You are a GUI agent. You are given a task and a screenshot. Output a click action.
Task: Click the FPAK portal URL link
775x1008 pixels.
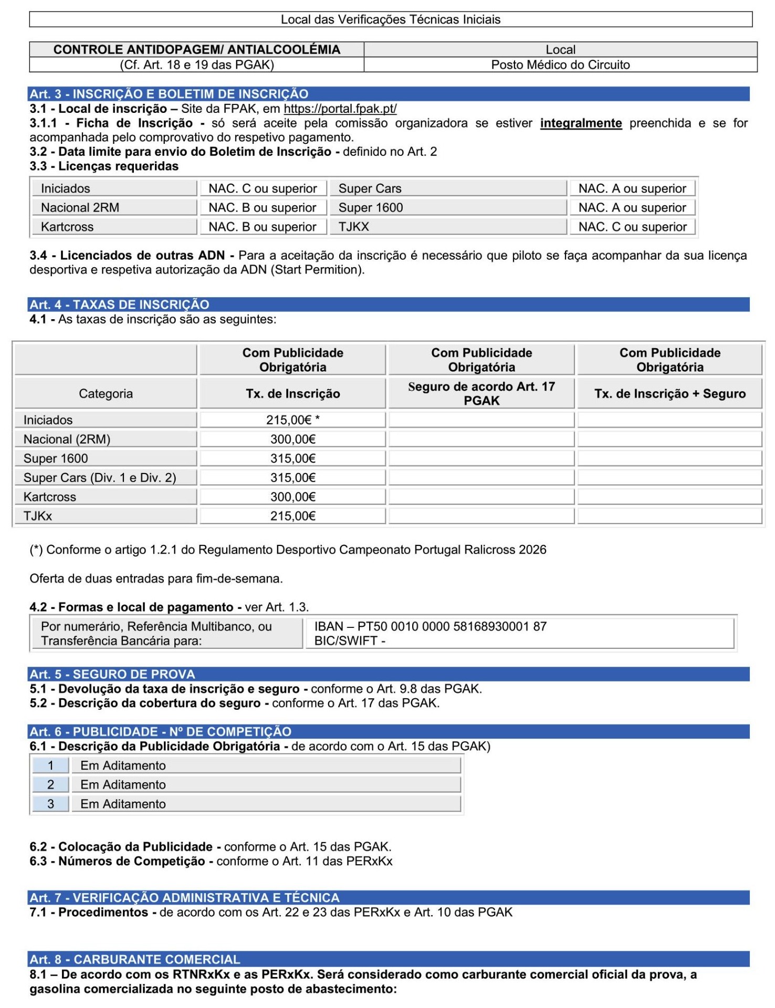pos(340,109)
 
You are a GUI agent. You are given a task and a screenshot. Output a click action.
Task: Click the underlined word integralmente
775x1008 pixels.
pos(581,123)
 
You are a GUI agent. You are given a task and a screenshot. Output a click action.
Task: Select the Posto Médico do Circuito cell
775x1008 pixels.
pos(560,65)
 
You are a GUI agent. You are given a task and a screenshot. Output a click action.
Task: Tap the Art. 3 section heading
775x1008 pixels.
pos(169,94)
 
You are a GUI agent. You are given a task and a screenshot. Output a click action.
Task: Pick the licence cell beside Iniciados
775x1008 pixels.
pos(263,188)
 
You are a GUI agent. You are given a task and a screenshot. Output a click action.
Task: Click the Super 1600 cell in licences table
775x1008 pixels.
pos(447,208)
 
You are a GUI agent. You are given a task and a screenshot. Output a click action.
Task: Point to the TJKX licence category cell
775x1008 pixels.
pos(447,227)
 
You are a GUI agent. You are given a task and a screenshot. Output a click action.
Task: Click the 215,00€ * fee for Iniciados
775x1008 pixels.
pos(292,420)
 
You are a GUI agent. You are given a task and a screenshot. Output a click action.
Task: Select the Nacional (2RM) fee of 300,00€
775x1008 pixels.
pos(292,439)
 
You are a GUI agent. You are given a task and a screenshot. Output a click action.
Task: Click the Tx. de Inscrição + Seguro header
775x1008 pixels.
pos(669,394)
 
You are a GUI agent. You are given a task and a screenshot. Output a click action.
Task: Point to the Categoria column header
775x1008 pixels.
pos(106,394)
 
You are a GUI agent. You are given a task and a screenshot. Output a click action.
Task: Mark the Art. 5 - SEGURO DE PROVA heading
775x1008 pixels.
pos(112,674)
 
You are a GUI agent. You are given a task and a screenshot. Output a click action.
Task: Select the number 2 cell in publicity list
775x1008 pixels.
pos(51,785)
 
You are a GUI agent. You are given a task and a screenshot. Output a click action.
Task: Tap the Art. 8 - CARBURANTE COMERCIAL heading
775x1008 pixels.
pos(135,960)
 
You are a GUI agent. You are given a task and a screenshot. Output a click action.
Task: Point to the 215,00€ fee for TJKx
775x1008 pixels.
pos(292,516)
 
